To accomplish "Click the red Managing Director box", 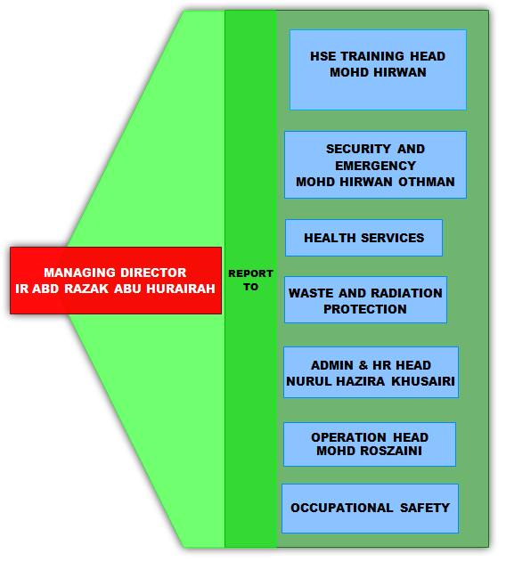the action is pos(116,281).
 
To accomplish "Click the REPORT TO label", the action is pos(250,280).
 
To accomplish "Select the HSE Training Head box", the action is pos(378,69).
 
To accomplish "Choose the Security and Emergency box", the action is pos(375,165).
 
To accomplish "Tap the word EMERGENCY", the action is pos(375,166).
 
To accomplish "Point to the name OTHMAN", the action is pos(427,182).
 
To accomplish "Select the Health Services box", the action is pos(364,238).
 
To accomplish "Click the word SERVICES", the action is pos(392,238).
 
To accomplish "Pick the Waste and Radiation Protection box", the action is pos(366,299).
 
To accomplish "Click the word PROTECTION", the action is pos(365,309).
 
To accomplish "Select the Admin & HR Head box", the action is pos(371,372).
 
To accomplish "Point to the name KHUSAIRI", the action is pos(423,381).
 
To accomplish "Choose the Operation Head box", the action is pos(370,444).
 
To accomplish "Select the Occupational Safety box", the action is pos(370,509).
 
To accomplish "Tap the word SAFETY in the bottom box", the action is pos(425,508).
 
